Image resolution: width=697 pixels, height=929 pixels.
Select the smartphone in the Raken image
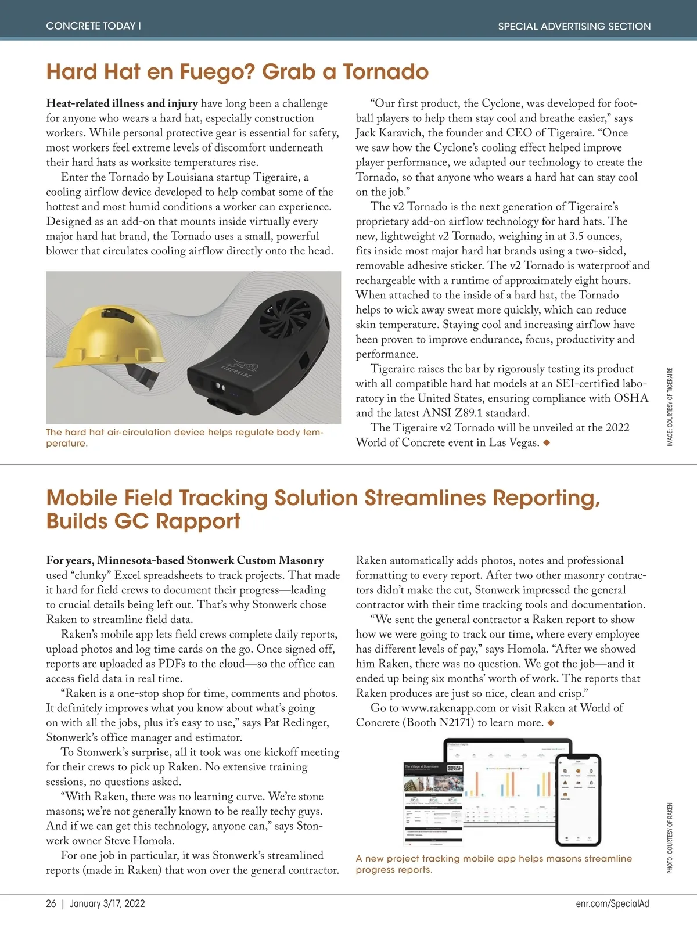click(578, 799)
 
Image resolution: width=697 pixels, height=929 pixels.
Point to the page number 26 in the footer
click(51, 903)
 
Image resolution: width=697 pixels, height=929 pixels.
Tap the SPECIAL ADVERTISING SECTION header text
click(574, 26)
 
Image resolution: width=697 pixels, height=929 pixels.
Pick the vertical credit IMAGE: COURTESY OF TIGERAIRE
click(670, 406)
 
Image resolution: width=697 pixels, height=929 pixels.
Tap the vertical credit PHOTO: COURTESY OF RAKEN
click(670, 838)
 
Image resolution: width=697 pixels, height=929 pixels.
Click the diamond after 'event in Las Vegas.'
click(546, 443)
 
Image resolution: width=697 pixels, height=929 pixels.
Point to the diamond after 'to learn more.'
click(551, 723)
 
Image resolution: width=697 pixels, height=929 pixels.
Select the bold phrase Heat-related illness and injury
click(122, 103)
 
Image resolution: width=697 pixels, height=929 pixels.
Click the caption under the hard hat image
click(184, 437)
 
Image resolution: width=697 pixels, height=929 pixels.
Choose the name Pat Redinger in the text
click(296, 723)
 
